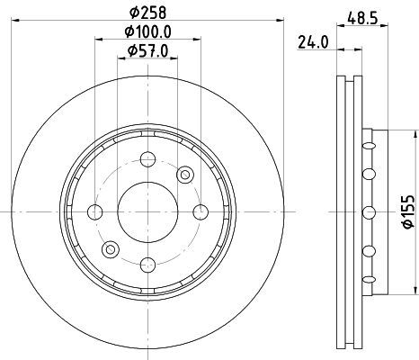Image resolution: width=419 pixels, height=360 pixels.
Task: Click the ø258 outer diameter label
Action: click(x=147, y=13)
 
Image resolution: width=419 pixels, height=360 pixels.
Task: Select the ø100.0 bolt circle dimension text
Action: click(x=147, y=31)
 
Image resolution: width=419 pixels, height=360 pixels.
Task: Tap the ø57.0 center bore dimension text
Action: click(x=147, y=50)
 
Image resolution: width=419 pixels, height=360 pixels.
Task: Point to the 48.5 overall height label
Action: click(x=362, y=19)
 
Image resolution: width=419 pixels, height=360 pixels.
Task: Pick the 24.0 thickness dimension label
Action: click(x=313, y=42)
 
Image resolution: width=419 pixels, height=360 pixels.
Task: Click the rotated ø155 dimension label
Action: click(x=408, y=211)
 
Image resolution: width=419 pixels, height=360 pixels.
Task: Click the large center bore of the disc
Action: click(x=147, y=211)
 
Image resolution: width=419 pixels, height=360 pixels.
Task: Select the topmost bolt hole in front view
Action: click(x=147, y=159)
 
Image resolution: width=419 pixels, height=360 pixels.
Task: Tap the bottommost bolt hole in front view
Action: click(x=148, y=265)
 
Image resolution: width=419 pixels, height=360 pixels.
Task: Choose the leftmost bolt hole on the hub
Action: click(x=95, y=211)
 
